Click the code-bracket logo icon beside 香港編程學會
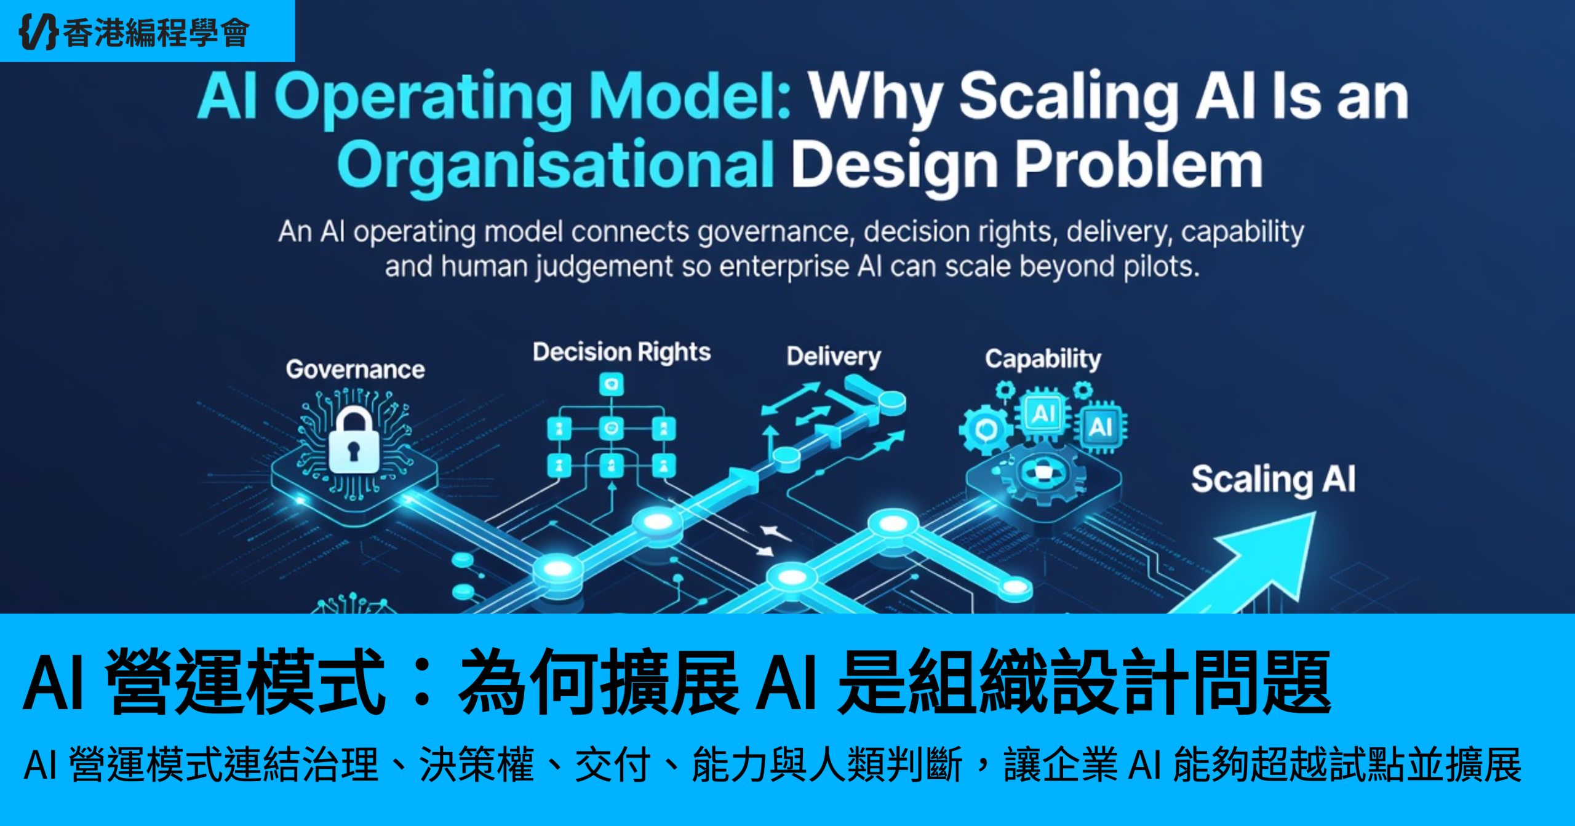[x=39, y=31]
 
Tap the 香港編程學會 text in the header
[x=156, y=33]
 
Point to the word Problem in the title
[x=1139, y=165]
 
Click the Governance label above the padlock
[x=356, y=370]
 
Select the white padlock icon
[x=354, y=440]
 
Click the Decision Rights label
[x=621, y=352]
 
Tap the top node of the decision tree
[x=612, y=385]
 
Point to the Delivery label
[x=834, y=357]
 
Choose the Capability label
[x=1043, y=359]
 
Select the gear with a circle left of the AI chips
[x=986, y=429]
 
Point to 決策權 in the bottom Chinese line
[x=476, y=764]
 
